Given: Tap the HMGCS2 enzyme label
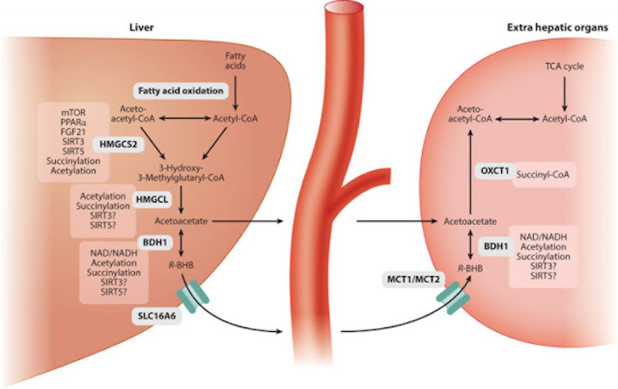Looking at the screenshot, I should (x=116, y=144).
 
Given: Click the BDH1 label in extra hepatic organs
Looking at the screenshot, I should (x=494, y=247).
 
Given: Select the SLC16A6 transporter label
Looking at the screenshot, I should (x=156, y=315).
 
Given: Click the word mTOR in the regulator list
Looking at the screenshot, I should (x=73, y=112).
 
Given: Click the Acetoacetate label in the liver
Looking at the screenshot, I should (x=182, y=221).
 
